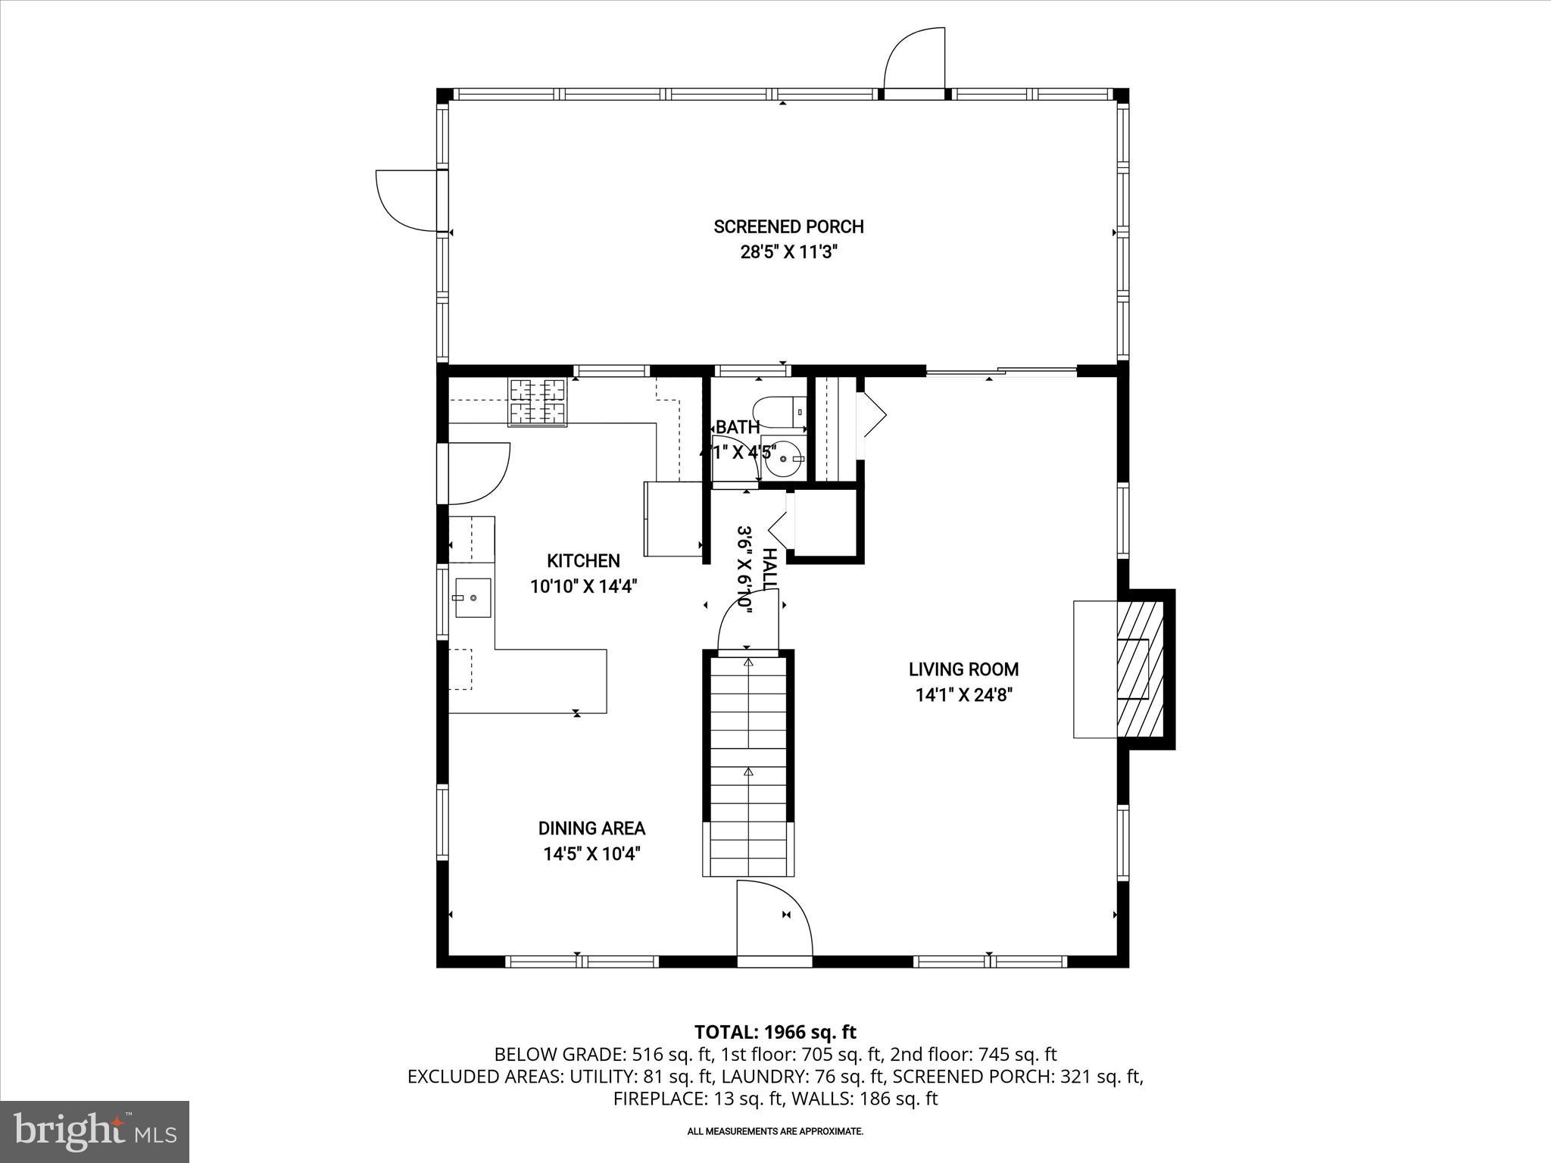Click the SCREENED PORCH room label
(x=788, y=226)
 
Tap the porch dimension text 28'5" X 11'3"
(x=788, y=252)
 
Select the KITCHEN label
(x=583, y=561)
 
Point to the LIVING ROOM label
(x=963, y=669)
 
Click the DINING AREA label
(x=591, y=828)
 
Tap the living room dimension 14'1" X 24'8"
(x=963, y=695)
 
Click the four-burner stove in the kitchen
(x=537, y=402)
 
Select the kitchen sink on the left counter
(x=473, y=598)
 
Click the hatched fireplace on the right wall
(x=1140, y=669)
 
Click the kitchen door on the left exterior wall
(x=477, y=473)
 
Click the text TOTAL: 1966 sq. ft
(x=775, y=1032)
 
